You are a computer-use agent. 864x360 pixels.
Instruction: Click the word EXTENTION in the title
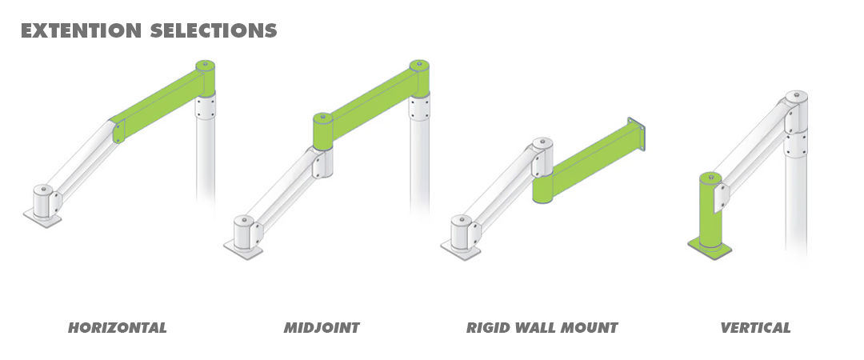[x=81, y=30]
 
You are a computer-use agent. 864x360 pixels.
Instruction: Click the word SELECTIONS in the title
[x=214, y=30]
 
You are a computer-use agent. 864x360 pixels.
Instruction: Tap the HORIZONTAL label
[x=117, y=328]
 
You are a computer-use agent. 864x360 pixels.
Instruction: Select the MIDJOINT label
[x=322, y=328]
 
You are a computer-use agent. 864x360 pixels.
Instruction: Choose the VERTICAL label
[x=755, y=328]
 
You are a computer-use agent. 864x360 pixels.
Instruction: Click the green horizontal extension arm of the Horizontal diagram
[x=160, y=105]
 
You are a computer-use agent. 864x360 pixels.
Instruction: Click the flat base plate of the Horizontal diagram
[x=42, y=218]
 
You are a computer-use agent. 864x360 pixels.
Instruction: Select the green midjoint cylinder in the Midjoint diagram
[x=323, y=131]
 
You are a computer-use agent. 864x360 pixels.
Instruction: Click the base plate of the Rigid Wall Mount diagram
[x=461, y=250]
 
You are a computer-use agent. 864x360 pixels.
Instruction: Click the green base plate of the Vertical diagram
[x=710, y=249]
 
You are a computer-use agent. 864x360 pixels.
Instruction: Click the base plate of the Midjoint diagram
[x=243, y=250]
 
